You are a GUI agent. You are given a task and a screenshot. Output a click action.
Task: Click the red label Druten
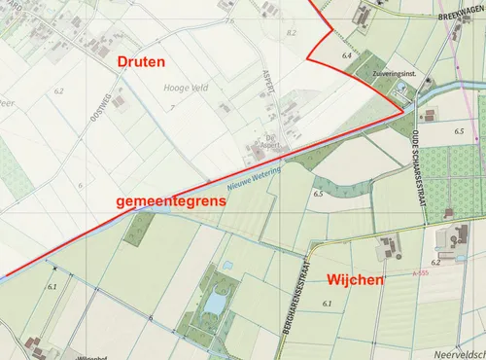coord(141,62)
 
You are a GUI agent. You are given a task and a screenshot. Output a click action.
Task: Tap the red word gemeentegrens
coord(170,201)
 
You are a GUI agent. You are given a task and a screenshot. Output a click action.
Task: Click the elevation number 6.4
coord(346,56)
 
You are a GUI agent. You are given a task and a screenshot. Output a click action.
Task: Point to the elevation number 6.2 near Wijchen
coord(435,262)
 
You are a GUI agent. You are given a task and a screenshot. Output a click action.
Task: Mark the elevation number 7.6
coord(229,20)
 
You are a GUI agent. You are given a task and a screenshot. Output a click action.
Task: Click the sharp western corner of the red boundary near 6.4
coord(308,59)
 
